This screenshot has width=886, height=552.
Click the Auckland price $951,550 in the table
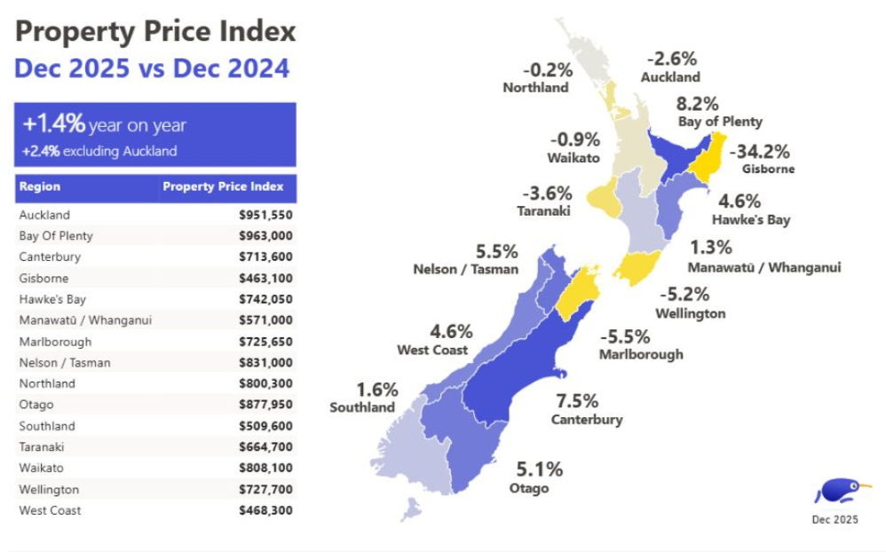tap(265, 215)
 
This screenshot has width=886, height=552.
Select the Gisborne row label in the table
tap(43, 278)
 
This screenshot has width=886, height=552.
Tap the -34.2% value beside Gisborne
tap(759, 152)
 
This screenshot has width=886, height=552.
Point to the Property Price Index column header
tap(223, 186)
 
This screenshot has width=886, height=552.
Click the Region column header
tap(40, 186)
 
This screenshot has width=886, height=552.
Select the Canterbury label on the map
tap(587, 420)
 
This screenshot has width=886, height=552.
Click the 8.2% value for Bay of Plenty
tap(698, 104)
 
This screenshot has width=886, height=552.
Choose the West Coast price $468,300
tap(265, 510)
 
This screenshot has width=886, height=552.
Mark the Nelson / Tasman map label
tap(465, 269)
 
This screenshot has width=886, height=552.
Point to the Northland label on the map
tap(535, 88)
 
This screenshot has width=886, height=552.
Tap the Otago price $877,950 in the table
tap(265, 405)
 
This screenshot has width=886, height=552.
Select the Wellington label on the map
tap(690, 313)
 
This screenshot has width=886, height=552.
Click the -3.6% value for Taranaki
tap(547, 193)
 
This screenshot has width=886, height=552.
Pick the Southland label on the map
tap(362, 407)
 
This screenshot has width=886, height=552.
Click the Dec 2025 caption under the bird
tap(835, 520)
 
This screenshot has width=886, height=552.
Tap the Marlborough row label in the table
tap(55, 342)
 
